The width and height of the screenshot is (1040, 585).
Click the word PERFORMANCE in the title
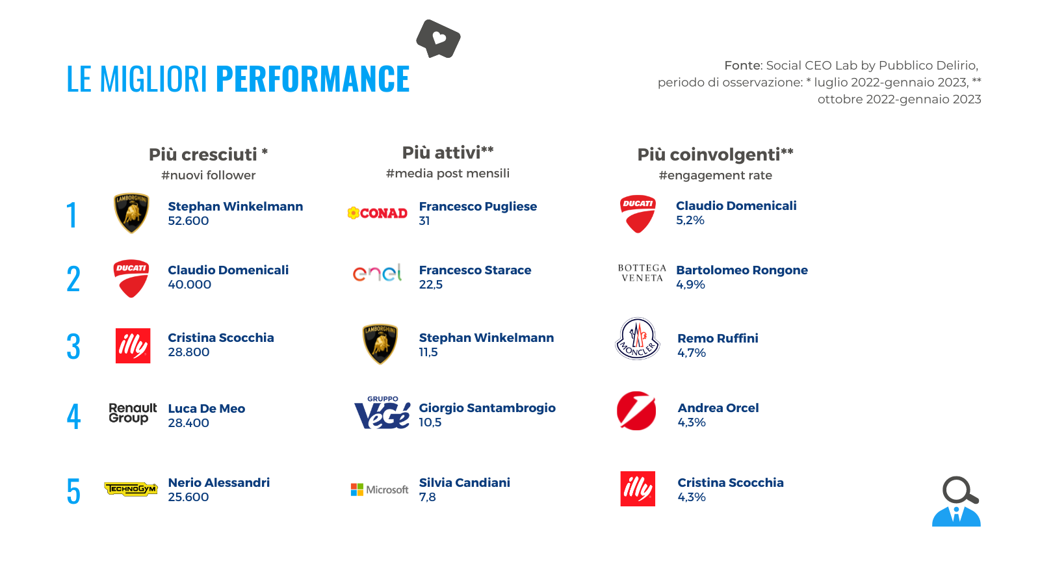pos(313,79)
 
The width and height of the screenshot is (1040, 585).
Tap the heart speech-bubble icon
pos(438,39)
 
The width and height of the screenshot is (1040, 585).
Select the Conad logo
pos(378,213)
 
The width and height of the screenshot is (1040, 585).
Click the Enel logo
pos(377,273)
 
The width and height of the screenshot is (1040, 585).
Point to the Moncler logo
pos(638,339)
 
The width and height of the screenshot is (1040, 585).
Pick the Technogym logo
pos(131,489)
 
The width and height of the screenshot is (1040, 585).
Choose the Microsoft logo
pos(380,490)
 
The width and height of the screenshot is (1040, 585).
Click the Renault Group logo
pos(133,413)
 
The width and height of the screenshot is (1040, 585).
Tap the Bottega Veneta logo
pos(642,273)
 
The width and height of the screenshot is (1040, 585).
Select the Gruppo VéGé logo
pos(382,412)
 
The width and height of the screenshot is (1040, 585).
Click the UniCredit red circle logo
pos(636,410)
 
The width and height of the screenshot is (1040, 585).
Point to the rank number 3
pos(73,346)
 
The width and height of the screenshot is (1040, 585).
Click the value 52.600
pos(188,221)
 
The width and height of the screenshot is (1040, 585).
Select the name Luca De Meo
pos(207,409)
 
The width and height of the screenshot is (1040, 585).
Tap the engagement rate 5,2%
pos(690,220)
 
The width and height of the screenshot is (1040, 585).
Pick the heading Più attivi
pos(448,152)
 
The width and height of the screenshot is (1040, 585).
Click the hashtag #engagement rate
pos(716,175)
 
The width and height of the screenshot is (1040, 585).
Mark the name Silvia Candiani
pos(464,483)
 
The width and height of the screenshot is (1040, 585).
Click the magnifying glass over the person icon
pos(960,490)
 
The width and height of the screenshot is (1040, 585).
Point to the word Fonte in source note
pos(743,66)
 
